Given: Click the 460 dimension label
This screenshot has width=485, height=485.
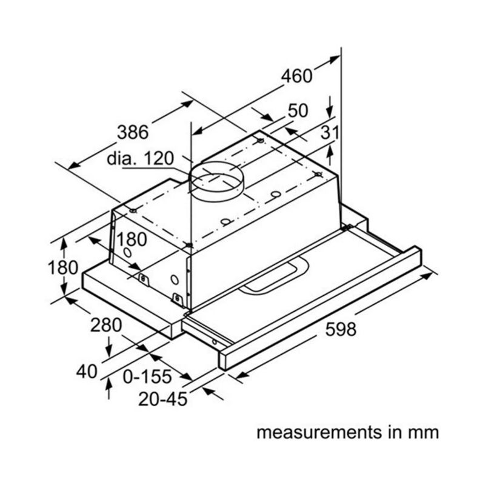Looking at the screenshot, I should tap(296, 76).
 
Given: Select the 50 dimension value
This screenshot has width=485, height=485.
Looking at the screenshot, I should tap(298, 110).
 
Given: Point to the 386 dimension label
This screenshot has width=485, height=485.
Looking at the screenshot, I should tap(133, 131).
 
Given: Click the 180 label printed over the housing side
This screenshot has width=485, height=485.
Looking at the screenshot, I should tap(131, 239).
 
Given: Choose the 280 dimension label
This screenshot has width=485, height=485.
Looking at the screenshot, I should tap(107, 325).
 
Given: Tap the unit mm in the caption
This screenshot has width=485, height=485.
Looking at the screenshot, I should tap(423, 433).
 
